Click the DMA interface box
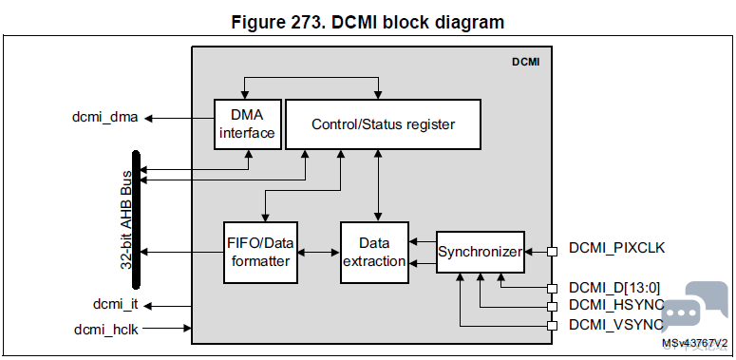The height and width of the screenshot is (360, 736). coord(247,124)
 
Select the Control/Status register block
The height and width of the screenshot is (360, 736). coord(383,124)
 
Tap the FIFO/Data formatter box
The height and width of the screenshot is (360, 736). coord(260,253)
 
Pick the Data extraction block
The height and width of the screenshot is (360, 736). coord(374,253)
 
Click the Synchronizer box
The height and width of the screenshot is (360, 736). coord(481,252)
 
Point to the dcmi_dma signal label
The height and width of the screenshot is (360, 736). coord(105,118)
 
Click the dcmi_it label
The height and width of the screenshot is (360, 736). coord(116,305)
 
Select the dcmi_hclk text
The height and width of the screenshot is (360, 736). coord(106,330)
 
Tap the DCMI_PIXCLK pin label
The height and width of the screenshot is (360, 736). coord(616,248)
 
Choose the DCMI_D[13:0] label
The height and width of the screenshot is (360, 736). coord(614,288)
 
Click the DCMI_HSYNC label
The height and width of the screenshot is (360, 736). coord(616,305)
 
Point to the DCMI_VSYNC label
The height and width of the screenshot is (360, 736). coord(616,324)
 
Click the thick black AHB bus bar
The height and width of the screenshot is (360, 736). coord(136,219)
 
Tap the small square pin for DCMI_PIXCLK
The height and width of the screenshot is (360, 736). coord(553,252)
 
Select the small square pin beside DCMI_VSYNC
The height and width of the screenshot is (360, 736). coord(553,326)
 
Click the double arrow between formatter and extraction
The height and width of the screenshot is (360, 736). coord(319,253)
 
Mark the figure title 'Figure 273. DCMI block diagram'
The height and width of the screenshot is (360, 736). coord(368,22)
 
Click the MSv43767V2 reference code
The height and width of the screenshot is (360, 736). coord(695,344)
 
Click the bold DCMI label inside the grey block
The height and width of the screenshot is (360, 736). coord(525,62)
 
